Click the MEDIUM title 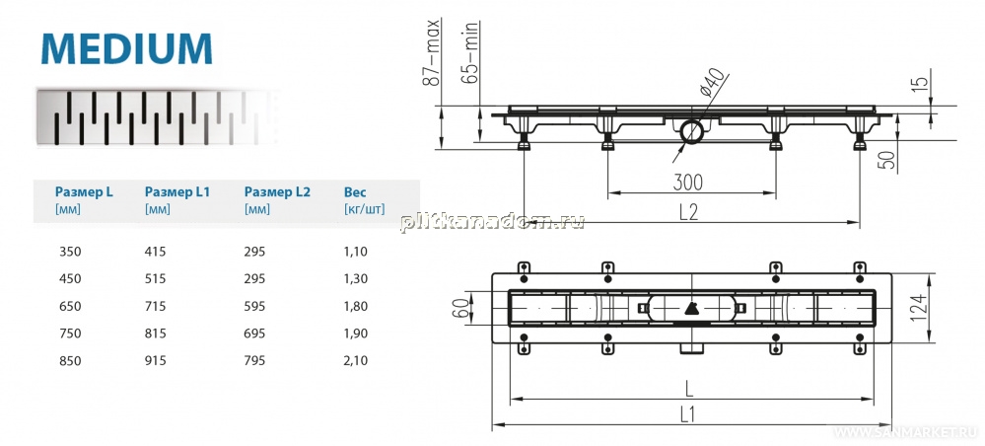126,48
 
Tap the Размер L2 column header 277,191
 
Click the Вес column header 355,191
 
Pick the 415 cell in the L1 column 155,252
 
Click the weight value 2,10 356,361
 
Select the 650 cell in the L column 70,306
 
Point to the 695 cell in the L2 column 254,334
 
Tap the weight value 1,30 356,278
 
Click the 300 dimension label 688,183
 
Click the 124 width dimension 917,308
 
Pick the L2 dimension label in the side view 688,212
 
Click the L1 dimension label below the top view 688,413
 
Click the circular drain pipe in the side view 691,131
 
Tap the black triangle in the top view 690,308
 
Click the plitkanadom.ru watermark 493,221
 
